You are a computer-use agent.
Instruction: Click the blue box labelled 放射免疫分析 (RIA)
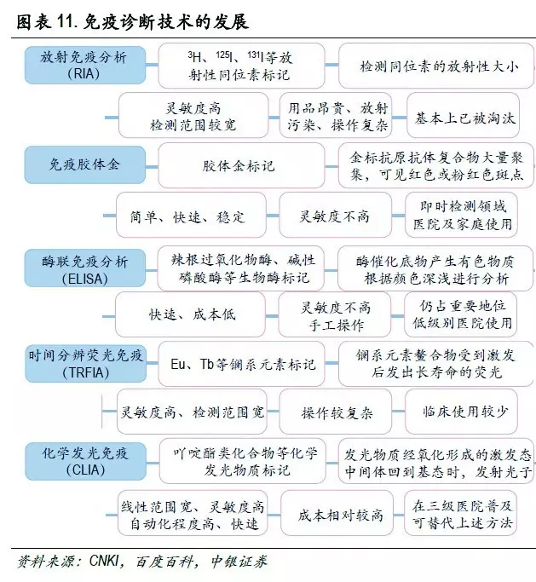point(85,65)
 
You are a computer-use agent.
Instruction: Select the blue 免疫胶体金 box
point(85,164)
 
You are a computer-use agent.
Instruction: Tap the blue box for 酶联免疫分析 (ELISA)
point(85,268)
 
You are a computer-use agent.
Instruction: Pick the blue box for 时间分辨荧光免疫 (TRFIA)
point(86,363)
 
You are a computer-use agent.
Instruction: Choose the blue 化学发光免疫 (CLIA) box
point(86,461)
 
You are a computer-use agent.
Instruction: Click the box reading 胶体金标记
point(241,165)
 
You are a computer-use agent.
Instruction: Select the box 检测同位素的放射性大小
point(436,66)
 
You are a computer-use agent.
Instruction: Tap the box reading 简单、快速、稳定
point(191,215)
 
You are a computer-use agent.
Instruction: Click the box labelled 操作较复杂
point(335,412)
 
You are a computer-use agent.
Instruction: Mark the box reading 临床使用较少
point(461,412)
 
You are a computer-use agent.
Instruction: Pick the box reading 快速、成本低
point(190,314)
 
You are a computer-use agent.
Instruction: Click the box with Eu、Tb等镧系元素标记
point(241,364)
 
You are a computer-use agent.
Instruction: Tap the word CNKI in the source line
point(104,561)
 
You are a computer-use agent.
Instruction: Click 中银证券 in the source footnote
point(239,562)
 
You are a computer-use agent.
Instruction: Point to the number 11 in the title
point(65,22)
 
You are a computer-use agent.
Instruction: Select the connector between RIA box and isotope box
point(152,65)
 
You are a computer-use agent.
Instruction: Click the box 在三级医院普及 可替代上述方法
point(461,513)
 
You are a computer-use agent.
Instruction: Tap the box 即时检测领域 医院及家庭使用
point(461,215)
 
